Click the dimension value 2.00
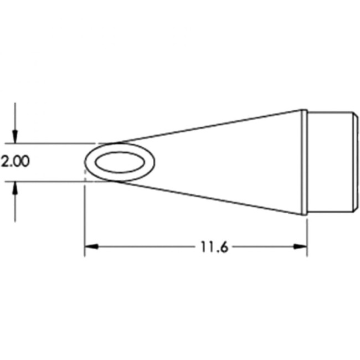click(x=15, y=162)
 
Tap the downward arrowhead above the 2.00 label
click(x=16, y=136)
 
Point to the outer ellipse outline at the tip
click(x=86, y=162)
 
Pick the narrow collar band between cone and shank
click(x=304, y=162)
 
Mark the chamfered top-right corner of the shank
click(x=352, y=115)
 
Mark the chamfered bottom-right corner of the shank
click(x=352, y=209)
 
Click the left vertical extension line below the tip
click(x=84, y=222)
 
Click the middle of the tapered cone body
click(x=222, y=162)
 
